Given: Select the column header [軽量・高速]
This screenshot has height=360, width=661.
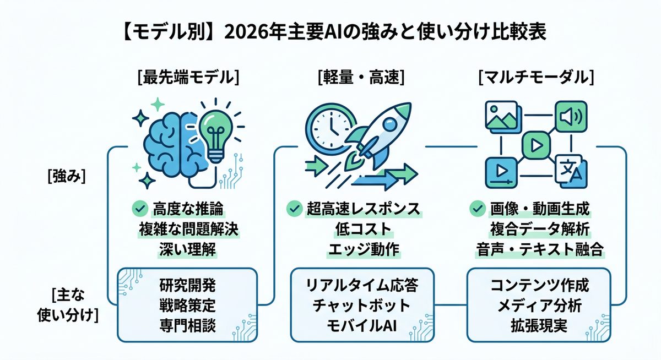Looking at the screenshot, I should [x=361, y=77].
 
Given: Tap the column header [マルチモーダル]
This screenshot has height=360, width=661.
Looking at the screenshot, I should [x=536, y=77].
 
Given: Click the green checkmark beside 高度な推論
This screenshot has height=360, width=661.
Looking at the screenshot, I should [x=139, y=209].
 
